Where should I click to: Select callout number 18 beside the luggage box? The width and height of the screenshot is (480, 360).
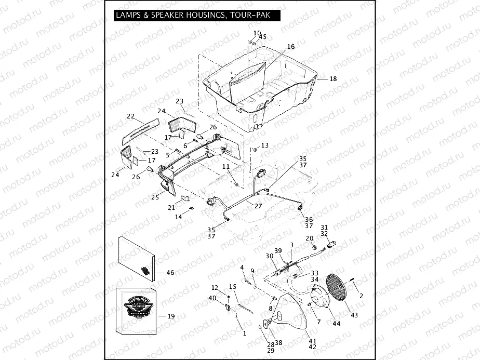click(333, 78)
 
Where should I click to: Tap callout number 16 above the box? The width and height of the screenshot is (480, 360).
click(290, 47)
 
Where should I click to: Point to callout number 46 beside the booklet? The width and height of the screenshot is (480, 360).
click(169, 272)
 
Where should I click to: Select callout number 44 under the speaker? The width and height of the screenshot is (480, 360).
click(336, 324)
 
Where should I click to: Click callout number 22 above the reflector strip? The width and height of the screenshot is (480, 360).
click(131, 116)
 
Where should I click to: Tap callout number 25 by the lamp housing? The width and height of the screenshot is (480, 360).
click(155, 197)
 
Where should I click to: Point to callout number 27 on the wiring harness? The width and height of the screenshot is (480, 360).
click(258, 206)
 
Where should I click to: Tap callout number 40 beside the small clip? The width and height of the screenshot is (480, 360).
click(212, 298)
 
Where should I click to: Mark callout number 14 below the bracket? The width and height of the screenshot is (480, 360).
click(178, 217)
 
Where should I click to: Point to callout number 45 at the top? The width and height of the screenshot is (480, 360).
click(262, 37)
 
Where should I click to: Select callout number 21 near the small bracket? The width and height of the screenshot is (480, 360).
click(171, 207)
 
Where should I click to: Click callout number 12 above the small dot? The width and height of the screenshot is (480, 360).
click(215, 287)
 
